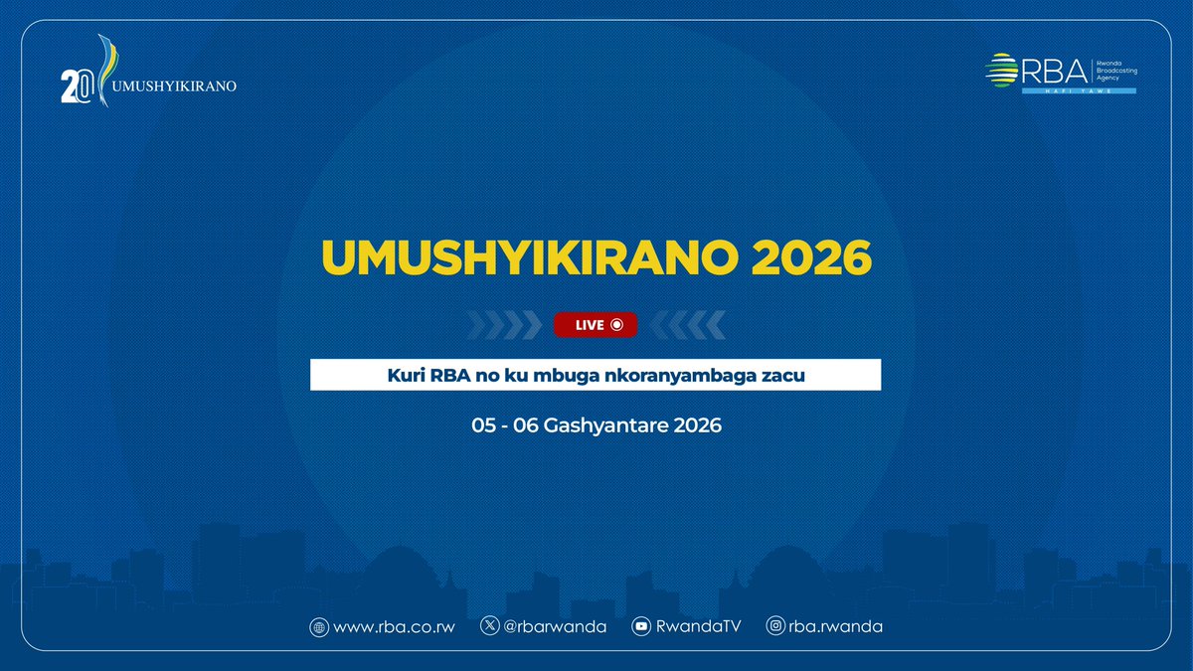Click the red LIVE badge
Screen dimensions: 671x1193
point(596,324)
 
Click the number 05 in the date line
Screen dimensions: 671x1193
point(484,425)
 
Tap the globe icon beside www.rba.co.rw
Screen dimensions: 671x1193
point(319,627)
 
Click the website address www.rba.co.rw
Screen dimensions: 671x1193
point(395,627)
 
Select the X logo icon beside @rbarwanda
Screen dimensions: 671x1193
point(490,626)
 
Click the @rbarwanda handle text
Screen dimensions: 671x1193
point(557,627)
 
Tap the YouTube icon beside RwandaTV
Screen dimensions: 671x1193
point(641,627)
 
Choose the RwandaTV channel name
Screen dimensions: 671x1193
point(701,627)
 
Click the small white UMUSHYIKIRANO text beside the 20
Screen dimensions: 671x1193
point(175,85)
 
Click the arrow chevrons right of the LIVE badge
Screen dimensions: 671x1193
point(687,324)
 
